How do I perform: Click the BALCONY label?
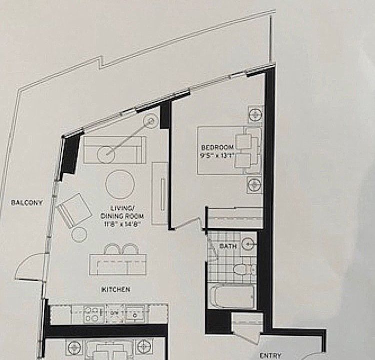coord(27,202)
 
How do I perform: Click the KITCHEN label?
coord(116,289)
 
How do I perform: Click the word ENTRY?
coord(270,355)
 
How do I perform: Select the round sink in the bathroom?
coord(248,244)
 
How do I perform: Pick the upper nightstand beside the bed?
coord(255,114)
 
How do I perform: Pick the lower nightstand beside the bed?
coord(255,184)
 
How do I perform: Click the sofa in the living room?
coord(114,149)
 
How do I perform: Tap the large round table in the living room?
coord(120,184)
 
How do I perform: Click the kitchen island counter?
coord(117,264)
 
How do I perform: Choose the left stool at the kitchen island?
coord(111,249)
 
